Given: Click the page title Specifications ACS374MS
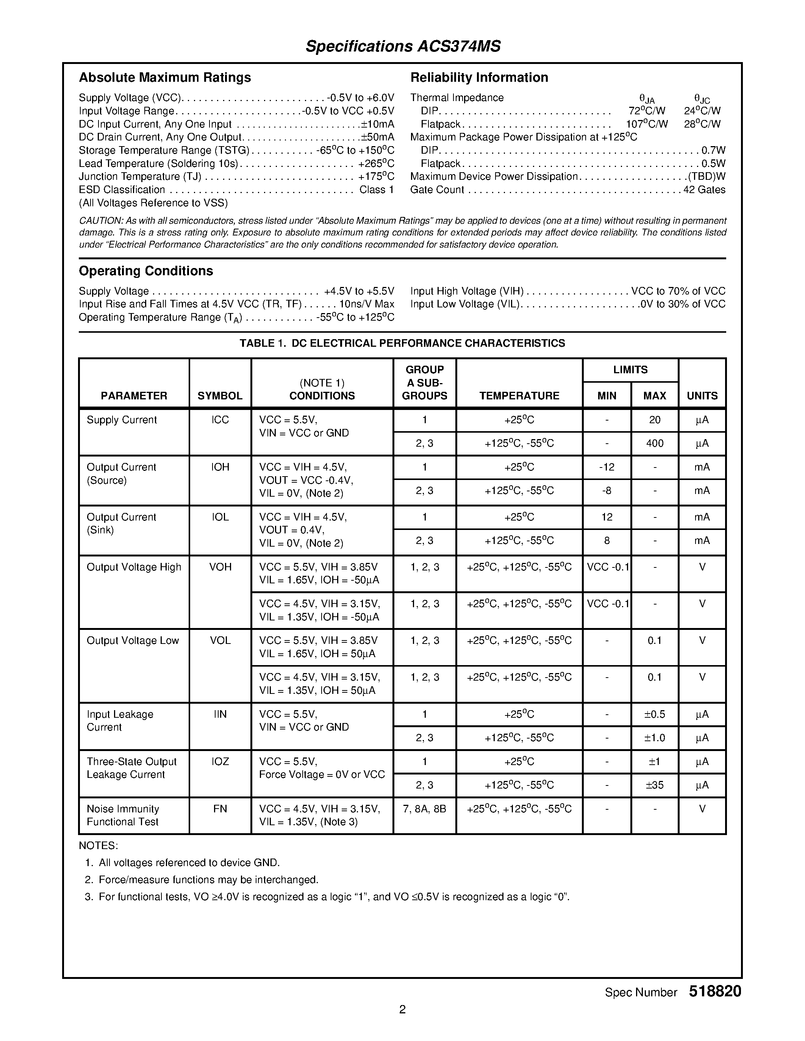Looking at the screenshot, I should (x=403, y=46).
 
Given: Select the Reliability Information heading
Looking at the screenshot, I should (x=479, y=78).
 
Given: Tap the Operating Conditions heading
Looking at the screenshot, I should (x=145, y=271).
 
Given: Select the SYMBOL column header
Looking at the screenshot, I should (x=220, y=396).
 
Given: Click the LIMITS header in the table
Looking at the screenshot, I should (x=630, y=370).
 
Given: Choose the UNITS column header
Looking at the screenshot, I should (x=702, y=396).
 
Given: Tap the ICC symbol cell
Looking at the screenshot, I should (x=220, y=420).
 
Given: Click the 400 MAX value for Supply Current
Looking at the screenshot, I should (x=654, y=443).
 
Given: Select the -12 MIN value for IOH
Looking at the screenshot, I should (x=606, y=467).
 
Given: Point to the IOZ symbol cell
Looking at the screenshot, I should (x=220, y=762).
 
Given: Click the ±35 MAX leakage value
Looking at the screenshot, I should (x=654, y=785).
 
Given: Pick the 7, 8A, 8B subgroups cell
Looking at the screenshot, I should (x=424, y=809).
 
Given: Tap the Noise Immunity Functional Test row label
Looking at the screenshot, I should (x=123, y=815).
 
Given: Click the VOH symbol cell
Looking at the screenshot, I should (x=220, y=567).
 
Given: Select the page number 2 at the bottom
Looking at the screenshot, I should (x=402, y=1010).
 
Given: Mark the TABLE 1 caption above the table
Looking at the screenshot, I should (x=402, y=343).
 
